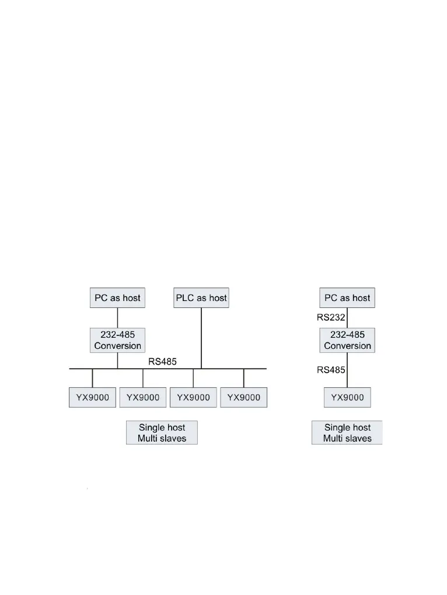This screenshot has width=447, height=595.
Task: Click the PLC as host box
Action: click(x=201, y=297)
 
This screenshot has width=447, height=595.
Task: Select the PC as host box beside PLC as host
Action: click(x=117, y=297)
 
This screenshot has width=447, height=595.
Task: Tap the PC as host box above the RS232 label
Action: click(x=347, y=297)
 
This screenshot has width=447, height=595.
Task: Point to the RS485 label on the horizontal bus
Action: click(x=162, y=362)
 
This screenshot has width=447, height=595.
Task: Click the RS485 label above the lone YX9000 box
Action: click(x=331, y=369)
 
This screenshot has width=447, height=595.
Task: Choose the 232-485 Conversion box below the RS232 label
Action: click(x=347, y=340)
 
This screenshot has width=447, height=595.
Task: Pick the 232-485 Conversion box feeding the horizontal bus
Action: click(x=117, y=340)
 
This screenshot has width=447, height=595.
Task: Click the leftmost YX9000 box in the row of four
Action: click(x=92, y=397)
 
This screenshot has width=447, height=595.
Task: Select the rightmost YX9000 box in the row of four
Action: click(x=243, y=397)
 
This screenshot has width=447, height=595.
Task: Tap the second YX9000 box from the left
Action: click(x=143, y=397)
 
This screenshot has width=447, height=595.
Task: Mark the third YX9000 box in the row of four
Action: click(x=193, y=397)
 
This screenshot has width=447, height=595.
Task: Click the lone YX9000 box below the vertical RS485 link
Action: click(x=347, y=397)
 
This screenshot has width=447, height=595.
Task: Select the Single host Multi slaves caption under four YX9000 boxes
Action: click(x=162, y=433)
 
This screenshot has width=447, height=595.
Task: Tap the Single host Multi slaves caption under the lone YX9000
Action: click(x=347, y=433)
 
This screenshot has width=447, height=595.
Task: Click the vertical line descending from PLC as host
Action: click(x=201, y=338)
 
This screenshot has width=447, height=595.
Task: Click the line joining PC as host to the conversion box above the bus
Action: click(x=117, y=318)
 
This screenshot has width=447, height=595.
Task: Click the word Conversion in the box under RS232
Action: click(x=347, y=346)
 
